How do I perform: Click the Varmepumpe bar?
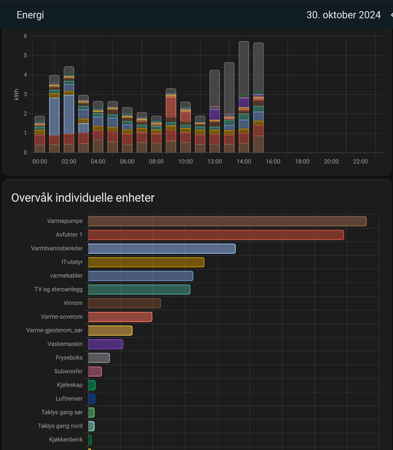coord(227,221)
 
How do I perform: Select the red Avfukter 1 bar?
coord(216,235)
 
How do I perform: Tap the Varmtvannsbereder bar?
coord(161,248)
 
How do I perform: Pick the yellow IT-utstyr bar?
coord(146,262)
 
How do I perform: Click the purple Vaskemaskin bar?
coord(106,344)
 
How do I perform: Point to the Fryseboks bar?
coord(99,358)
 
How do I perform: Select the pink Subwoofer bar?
coord(95,371)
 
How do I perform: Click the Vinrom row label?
coord(73,303)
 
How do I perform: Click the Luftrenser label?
coord(69,398)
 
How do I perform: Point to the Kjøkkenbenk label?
coord(66,440)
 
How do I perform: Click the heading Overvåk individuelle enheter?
coord(83,198)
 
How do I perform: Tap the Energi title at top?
coord(30,15)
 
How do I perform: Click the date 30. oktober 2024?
coord(343,15)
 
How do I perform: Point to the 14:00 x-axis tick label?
coord(244,162)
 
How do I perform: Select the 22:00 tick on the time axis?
coord(360,162)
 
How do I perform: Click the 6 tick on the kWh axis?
coord(25,36)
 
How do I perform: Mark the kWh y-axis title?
coord(17,94)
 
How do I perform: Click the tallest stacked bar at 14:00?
coord(244,96)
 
